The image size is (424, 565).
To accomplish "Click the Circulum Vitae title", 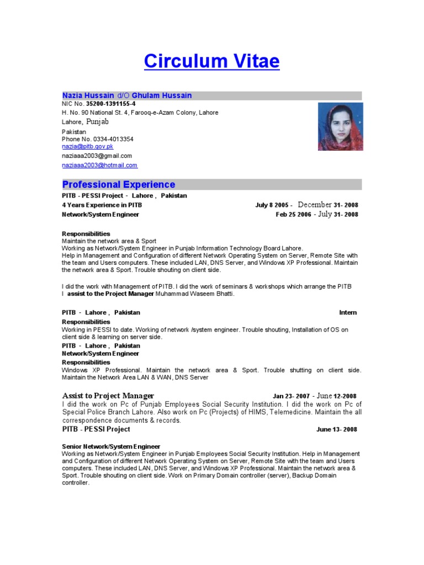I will pyautogui.click(x=211, y=61).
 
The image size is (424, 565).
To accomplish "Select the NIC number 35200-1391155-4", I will pyautogui.click(x=109, y=104).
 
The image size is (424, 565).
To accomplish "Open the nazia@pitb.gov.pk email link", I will pyautogui.click(x=87, y=147).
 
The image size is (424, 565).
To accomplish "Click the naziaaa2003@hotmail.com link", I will pyautogui.click(x=99, y=165).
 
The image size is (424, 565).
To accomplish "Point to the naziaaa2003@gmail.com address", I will pyautogui.click(x=97, y=156).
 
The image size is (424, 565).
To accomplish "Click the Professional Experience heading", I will pyautogui.click(x=118, y=184).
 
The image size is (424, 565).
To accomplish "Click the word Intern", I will pyautogui.click(x=348, y=312).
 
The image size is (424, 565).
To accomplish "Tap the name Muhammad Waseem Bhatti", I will pyautogui.click(x=195, y=294).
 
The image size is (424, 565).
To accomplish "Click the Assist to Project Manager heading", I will pyautogui.click(x=108, y=396).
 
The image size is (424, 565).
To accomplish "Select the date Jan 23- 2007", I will pyautogui.click(x=291, y=396).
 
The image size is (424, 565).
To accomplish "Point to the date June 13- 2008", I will pyautogui.click(x=337, y=429).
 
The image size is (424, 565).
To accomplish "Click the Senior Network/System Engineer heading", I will pyautogui.click(x=111, y=446).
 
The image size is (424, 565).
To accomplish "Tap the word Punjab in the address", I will pyautogui.click(x=98, y=121).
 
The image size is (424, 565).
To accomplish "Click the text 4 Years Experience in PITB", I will pyautogui.click(x=102, y=205).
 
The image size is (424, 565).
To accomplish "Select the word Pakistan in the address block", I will pyautogui.click(x=73, y=132).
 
